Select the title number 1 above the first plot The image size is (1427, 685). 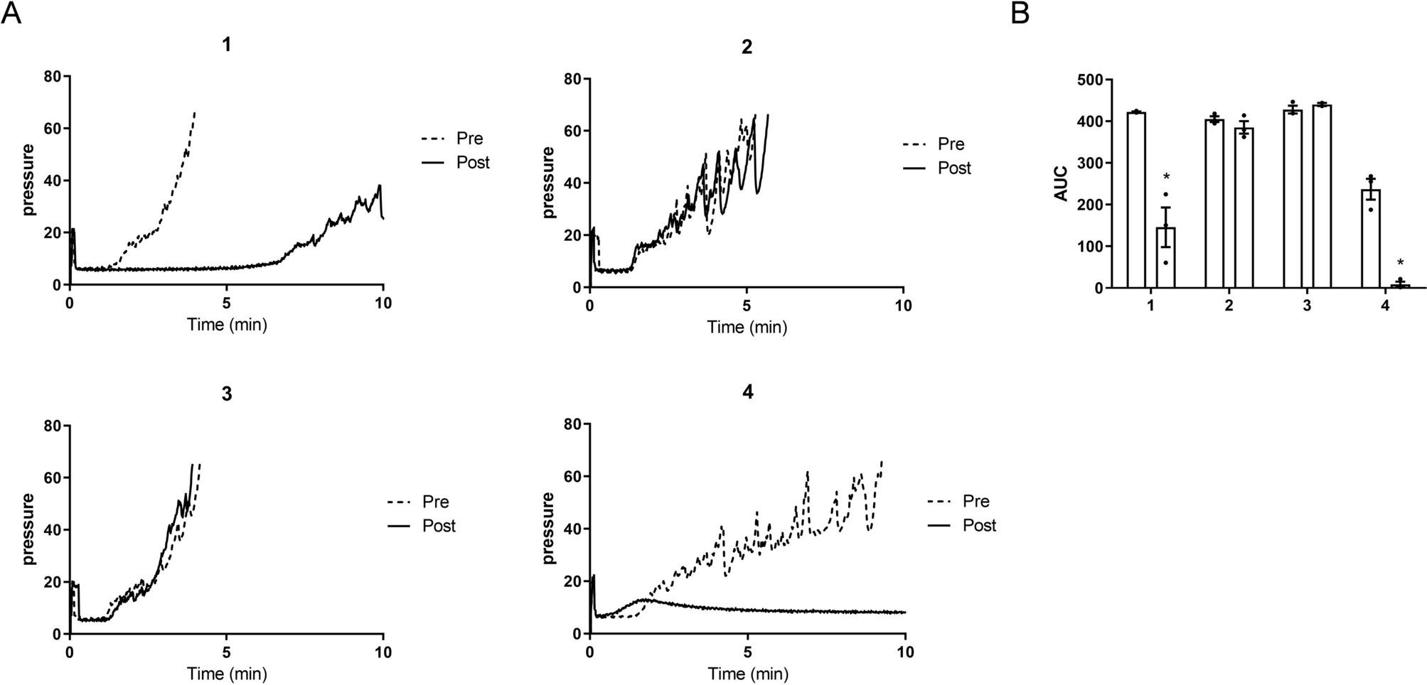(226, 45)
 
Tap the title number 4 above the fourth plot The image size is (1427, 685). (747, 392)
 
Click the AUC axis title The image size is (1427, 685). (1061, 185)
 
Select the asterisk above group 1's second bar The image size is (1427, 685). (1166, 178)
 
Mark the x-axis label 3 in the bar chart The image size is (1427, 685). (1307, 306)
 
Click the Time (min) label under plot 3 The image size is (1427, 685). (227, 673)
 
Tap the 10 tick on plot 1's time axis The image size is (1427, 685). (383, 303)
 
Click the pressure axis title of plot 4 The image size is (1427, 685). (548, 528)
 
